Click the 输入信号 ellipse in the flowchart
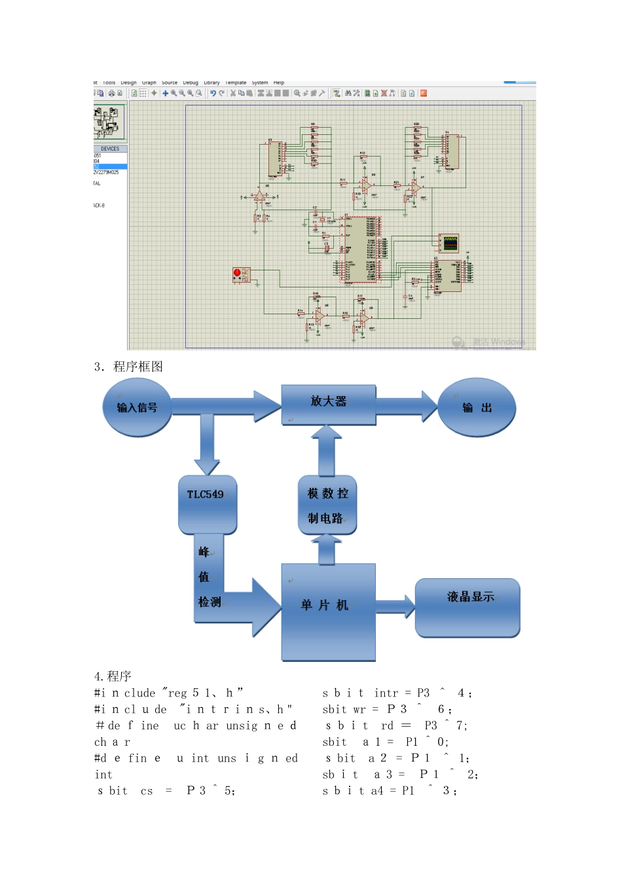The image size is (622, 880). [x=137, y=407]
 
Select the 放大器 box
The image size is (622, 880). [x=329, y=404]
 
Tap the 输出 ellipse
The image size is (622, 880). [x=477, y=407]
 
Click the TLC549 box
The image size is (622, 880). [x=207, y=504]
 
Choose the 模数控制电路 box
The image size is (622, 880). [x=327, y=505]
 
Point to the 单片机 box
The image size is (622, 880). [x=328, y=612]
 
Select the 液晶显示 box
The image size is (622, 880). [x=467, y=607]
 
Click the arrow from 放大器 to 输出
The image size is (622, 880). [x=406, y=407]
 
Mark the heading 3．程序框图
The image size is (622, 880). [x=128, y=367]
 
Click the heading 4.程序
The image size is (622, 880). [x=113, y=676]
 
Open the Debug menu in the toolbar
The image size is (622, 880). [x=191, y=83]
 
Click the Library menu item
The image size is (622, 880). [x=211, y=83]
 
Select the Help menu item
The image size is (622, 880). [x=279, y=83]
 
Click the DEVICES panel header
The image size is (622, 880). [x=110, y=149]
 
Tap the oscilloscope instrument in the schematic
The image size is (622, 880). [x=450, y=243]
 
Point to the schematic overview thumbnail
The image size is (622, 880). [x=109, y=122]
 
